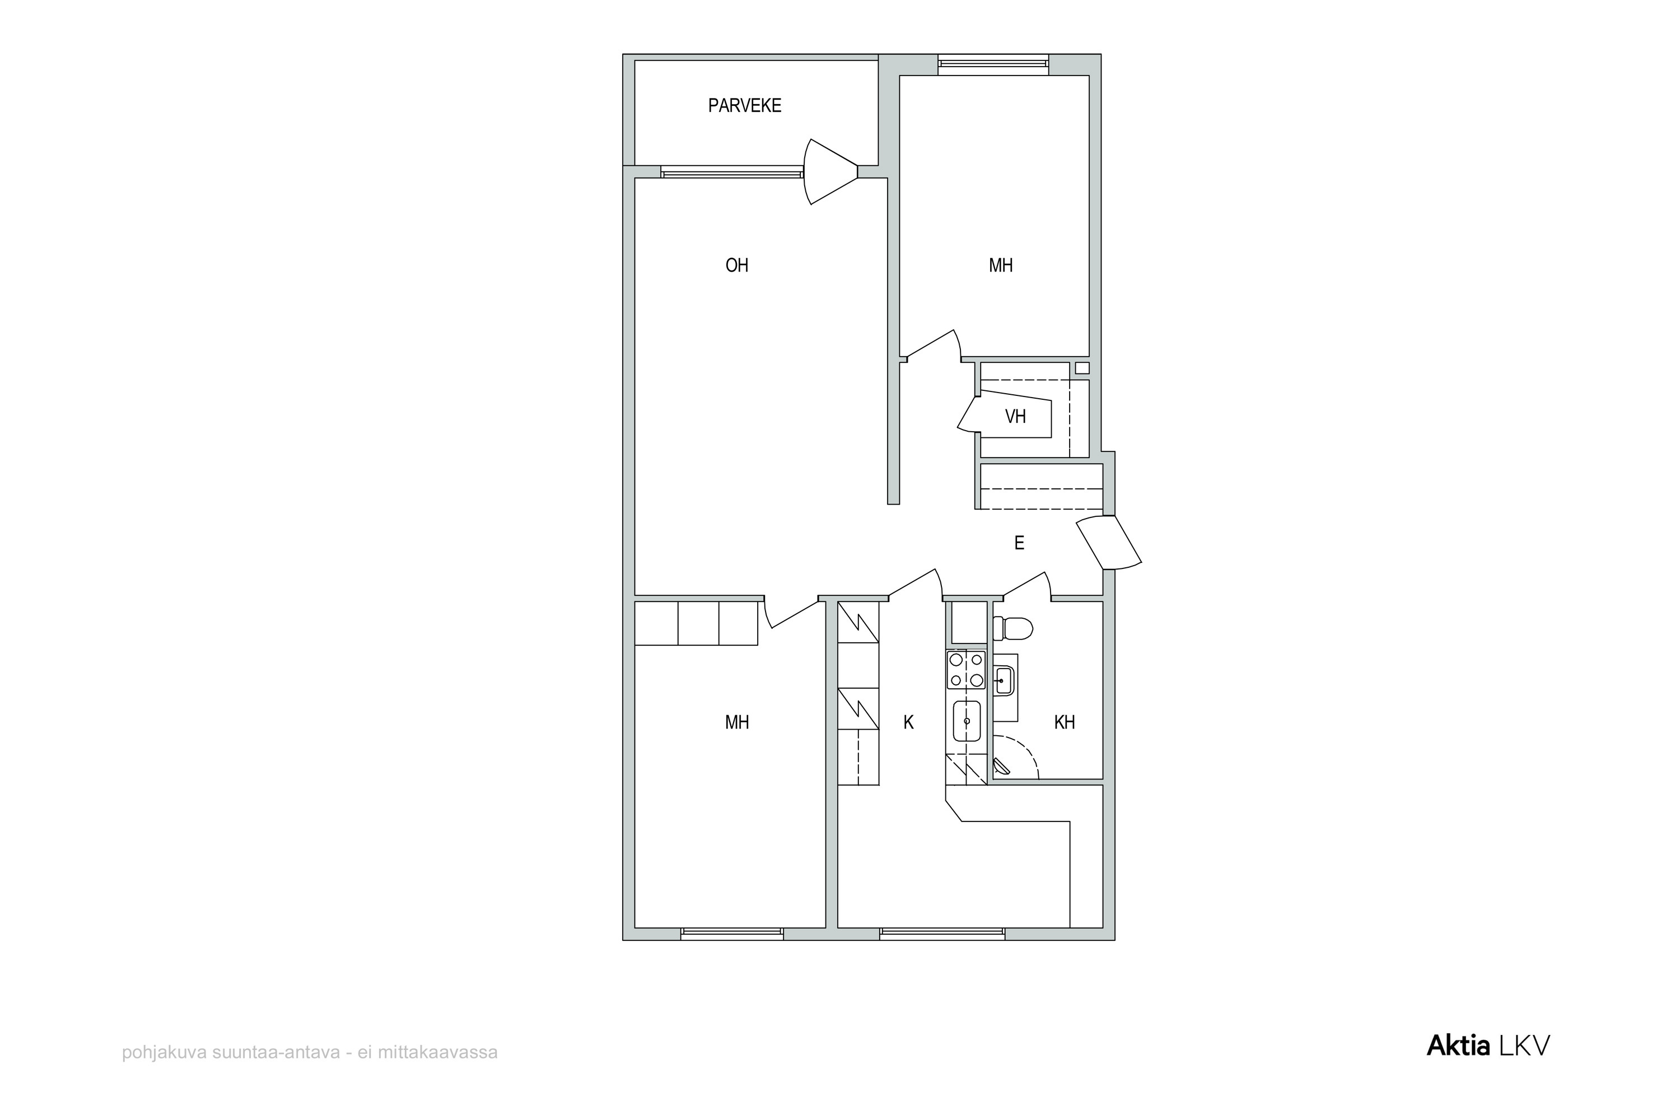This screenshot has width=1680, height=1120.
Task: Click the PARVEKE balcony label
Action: tap(744, 106)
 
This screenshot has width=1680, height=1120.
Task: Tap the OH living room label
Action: tap(736, 265)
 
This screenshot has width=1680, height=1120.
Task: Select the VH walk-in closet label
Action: tap(1015, 417)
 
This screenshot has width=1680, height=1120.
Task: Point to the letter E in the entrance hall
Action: tap(1019, 543)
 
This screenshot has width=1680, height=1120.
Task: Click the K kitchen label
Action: tap(908, 722)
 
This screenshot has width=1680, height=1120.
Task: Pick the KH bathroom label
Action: tap(1065, 722)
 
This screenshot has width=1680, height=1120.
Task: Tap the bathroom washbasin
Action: tap(1004, 681)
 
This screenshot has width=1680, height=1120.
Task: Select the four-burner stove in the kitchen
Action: tap(965, 670)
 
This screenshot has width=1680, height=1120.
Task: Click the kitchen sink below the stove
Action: tap(967, 721)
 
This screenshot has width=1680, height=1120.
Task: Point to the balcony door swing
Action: tap(830, 171)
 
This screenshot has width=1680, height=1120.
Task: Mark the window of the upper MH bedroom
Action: tap(993, 64)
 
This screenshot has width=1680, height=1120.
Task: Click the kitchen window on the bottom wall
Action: tap(942, 934)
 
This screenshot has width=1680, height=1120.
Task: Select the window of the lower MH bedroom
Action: tap(731, 934)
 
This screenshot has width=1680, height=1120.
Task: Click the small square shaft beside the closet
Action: tap(1082, 368)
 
